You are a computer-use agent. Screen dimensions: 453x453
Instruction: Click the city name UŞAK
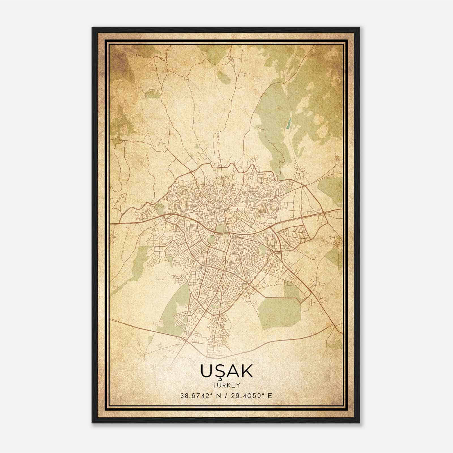click(226, 371)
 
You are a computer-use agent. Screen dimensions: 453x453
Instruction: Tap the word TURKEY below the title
click(226, 385)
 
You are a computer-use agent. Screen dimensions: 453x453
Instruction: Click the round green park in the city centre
click(211, 240)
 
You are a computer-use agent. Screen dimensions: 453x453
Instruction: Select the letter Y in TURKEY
click(238, 385)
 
